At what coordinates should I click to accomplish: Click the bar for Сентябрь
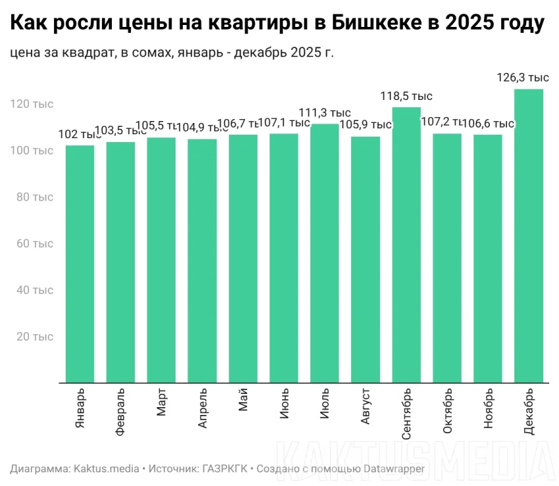pos(406,245)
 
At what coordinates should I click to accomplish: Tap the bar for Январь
pos(80,264)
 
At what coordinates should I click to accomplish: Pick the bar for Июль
pos(324,253)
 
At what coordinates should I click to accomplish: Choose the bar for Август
pos(365,259)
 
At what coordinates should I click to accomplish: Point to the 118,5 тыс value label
pos(406,96)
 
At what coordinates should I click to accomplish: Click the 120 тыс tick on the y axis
pos(32,104)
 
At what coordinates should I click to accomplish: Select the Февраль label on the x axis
pos(120,412)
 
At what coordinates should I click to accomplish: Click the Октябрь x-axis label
pos(447,410)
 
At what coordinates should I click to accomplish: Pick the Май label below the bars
pos(243,401)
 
